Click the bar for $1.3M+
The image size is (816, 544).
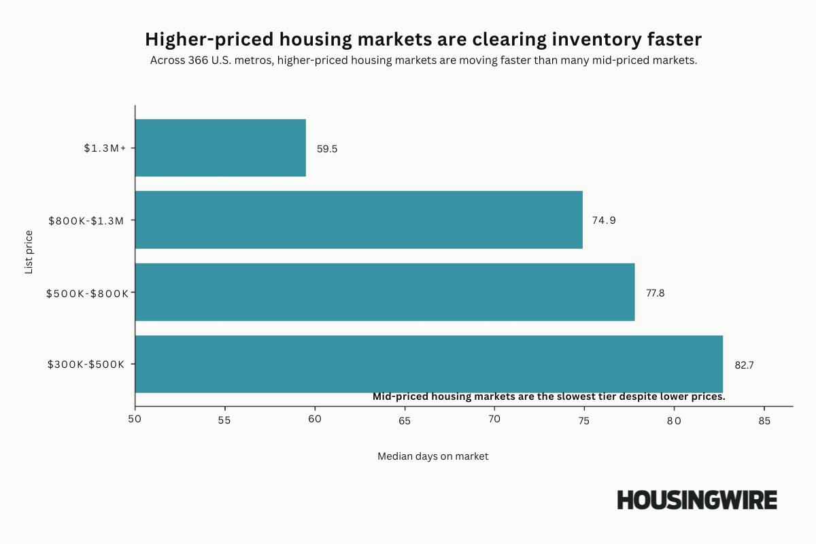point(220,148)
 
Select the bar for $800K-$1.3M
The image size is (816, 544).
point(359,220)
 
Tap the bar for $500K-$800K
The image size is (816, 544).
point(385,292)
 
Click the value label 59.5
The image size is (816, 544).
point(326,148)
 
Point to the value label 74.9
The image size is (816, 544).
point(604,220)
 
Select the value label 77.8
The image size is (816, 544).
point(656,292)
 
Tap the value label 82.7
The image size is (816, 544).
point(744,364)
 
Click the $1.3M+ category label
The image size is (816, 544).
point(105,148)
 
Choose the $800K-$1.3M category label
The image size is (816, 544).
point(86,220)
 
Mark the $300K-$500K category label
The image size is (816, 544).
point(86,364)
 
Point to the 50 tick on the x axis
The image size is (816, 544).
point(135,419)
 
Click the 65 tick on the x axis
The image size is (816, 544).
point(405,420)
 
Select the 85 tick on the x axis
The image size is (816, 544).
point(764,420)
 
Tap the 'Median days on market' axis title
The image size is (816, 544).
point(432,456)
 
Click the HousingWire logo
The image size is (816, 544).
point(696,500)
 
